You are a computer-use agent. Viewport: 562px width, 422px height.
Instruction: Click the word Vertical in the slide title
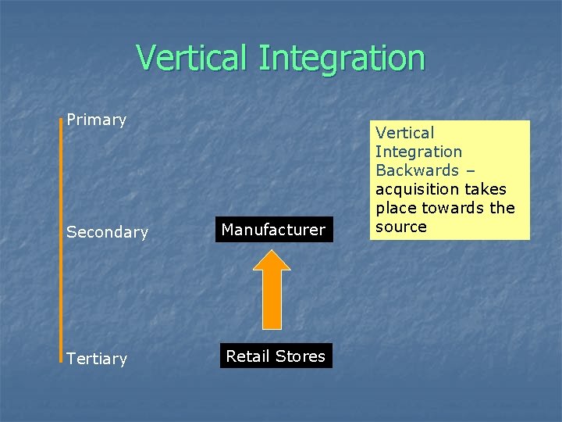coord(192,58)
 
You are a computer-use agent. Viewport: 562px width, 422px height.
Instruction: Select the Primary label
coord(96,120)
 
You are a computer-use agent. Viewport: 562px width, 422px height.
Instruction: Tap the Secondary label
coord(107,232)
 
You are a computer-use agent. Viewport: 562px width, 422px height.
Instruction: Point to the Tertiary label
coord(97,359)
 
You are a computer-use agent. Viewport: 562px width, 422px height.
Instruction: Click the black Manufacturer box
coord(273,230)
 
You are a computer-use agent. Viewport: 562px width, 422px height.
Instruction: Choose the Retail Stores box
coord(276,356)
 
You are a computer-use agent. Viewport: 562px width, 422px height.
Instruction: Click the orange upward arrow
coord(272,293)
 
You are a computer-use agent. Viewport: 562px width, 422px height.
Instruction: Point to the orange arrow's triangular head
coord(272,260)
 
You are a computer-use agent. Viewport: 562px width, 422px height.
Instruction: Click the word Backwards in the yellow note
coord(417,170)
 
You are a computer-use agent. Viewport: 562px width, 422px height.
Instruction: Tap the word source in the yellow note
coord(401,227)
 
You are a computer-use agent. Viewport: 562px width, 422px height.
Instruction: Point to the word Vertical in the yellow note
coord(404,133)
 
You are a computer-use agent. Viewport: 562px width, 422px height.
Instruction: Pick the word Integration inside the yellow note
coord(418,152)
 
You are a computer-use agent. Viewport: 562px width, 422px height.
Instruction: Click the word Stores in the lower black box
coord(301,356)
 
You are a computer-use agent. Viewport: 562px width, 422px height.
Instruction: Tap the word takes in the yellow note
coord(485,189)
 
